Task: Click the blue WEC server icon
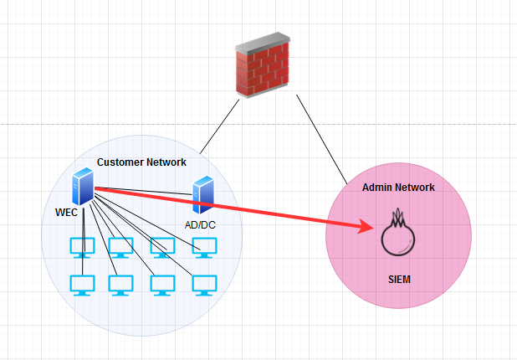82,187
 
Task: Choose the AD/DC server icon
202,195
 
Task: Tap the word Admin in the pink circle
378,187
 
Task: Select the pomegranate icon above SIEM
398,234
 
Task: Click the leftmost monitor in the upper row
82,247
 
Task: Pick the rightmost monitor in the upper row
204,247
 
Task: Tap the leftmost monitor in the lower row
82,285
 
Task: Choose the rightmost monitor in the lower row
204,285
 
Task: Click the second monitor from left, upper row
121,247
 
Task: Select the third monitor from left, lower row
162,285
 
